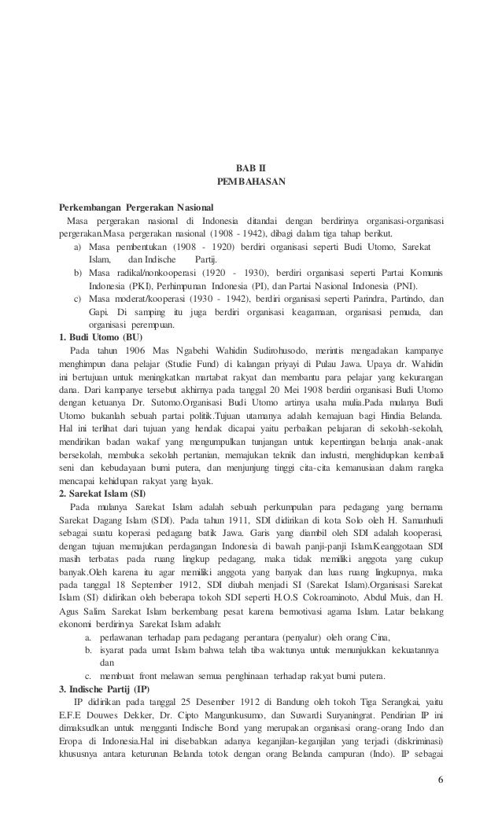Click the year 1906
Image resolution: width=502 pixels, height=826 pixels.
tap(127, 350)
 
